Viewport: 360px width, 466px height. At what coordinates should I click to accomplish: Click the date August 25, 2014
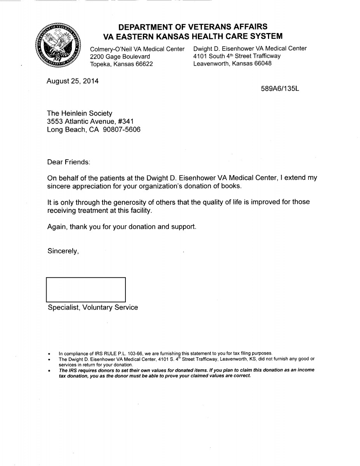click(x=73, y=81)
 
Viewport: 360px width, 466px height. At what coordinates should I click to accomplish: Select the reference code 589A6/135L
click(x=280, y=89)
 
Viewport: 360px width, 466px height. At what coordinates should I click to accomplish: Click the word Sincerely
click(x=63, y=251)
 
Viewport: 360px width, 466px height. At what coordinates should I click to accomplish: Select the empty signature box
click(x=86, y=289)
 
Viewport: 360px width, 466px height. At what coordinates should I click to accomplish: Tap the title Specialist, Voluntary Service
click(x=93, y=308)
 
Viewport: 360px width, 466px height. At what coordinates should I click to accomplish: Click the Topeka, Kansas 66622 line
click(x=122, y=64)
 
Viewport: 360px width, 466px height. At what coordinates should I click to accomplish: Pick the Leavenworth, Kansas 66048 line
click(x=232, y=63)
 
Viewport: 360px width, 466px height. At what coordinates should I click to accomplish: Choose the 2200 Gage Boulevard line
click(x=120, y=56)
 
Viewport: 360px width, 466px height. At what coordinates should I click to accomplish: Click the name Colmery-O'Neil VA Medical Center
click(x=137, y=49)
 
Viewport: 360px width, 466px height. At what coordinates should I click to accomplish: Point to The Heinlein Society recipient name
click(x=80, y=113)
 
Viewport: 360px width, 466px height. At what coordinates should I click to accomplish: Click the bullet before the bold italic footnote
click(x=49, y=370)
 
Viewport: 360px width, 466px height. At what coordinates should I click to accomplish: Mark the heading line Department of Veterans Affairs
click(x=193, y=27)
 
